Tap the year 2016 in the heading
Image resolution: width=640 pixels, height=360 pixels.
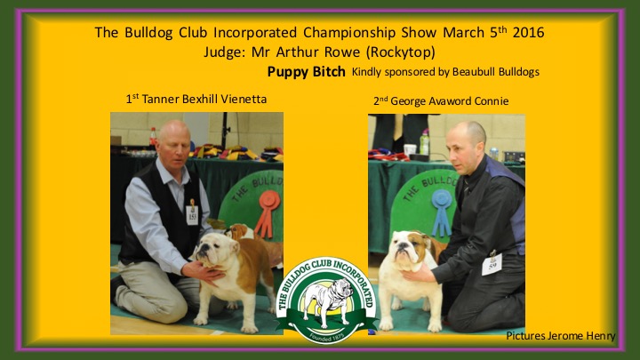click(x=528, y=32)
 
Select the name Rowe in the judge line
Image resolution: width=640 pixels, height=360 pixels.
click(x=342, y=52)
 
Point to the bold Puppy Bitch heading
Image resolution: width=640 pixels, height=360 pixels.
click(x=306, y=72)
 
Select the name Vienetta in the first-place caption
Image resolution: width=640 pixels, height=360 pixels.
click(x=245, y=100)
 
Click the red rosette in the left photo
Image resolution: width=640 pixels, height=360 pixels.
click(x=268, y=213)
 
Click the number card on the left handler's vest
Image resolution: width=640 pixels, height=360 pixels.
click(x=192, y=215)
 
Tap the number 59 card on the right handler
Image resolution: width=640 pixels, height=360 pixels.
click(x=492, y=265)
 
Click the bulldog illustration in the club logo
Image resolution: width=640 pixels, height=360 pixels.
click(x=328, y=301)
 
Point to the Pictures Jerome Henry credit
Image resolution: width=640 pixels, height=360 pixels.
click(x=560, y=336)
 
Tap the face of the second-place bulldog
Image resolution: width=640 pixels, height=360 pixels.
click(x=404, y=249)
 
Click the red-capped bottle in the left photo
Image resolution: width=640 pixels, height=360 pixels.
click(x=153, y=138)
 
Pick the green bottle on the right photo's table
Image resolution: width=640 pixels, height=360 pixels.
click(x=425, y=142)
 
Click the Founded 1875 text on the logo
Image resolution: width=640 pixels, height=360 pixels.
click(x=326, y=337)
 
